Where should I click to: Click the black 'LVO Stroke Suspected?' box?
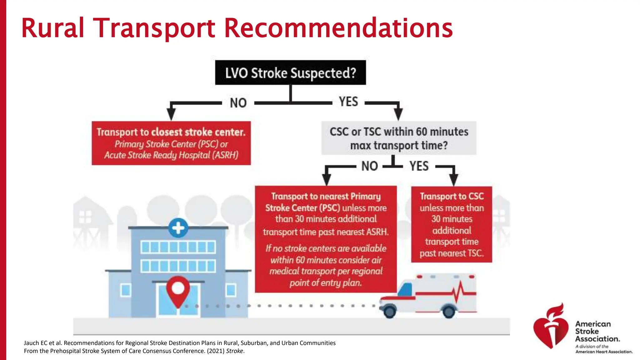290,72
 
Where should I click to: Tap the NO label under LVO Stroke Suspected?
238,103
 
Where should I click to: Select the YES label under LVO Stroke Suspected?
348,102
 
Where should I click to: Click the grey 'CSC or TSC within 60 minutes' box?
399,138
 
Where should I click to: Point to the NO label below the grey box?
370,166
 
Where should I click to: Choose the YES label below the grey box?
419,166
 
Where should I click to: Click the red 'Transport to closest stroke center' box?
171,143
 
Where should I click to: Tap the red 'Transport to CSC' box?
452,224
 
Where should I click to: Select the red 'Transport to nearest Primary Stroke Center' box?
326,239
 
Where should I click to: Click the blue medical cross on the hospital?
178,228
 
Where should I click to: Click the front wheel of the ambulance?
389,311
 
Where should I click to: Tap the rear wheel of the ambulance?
449,312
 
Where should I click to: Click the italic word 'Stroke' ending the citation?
234,351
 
